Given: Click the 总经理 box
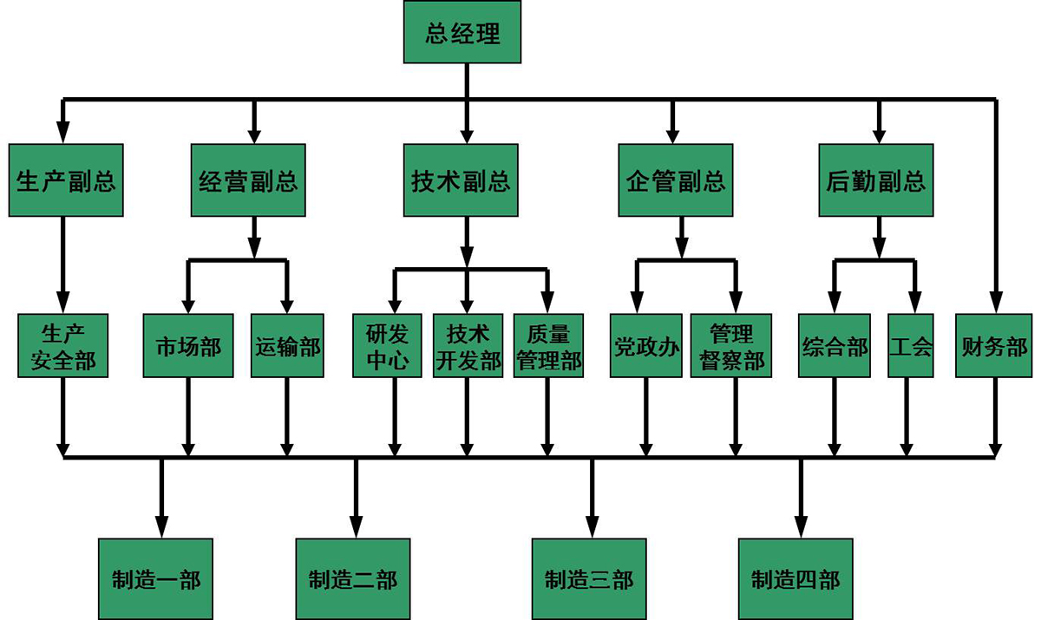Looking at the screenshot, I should pyautogui.click(x=463, y=34).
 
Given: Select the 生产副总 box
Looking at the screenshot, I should pyautogui.click(x=66, y=180).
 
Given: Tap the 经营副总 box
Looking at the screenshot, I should pyautogui.click(x=248, y=180).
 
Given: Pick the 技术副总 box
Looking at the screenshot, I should pyautogui.click(x=461, y=180).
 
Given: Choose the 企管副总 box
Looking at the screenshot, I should pyautogui.click(x=676, y=180).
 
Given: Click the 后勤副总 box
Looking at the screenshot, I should pyautogui.click(x=876, y=180).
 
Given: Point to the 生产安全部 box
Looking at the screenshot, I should pyautogui.click(x=63, y=346).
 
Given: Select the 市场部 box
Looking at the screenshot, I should pyautogui.click(x=188, y=346).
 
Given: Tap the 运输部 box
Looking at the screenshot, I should pyautogui.click(x=287, y=346).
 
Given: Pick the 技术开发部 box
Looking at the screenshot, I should pyautogui.click(x=468, y=346).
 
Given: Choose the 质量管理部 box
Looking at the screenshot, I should pyautogui.click(x=548, y=346).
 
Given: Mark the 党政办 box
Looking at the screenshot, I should pyautogui.click(x=645, y=346).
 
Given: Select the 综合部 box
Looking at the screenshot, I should pyautogui.click(x=835, y=346).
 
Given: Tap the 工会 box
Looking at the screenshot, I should pyautogui.click(x=910, y=346).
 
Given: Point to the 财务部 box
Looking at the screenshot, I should pyautogui.click(x=994, y=346).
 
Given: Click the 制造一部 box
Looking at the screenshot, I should pyautogui.click(x=155, y=578).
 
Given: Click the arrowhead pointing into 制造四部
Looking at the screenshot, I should pyautogui.click(x=800, y=526).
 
